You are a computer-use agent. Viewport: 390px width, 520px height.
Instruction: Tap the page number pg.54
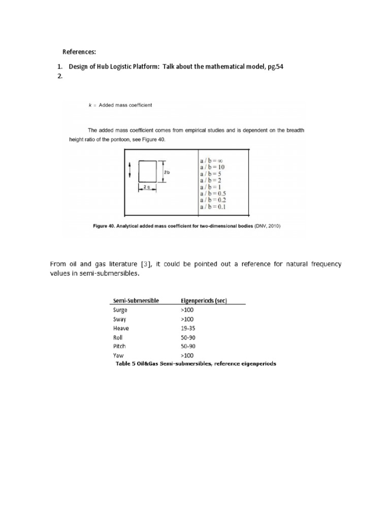[285, 67]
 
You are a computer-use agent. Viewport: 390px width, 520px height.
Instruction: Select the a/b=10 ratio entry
[212, 167]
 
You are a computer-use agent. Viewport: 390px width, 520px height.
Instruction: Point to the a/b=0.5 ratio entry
[214, 193]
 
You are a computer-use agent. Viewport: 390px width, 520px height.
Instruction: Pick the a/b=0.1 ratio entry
[214, 206]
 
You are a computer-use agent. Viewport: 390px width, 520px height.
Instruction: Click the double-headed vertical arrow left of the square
[130, 170]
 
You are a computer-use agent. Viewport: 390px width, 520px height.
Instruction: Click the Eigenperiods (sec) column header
[204, 300]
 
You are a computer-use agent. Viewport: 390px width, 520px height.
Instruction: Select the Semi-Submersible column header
[136, 300]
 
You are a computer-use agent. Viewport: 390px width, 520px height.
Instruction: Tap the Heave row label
[121, 328]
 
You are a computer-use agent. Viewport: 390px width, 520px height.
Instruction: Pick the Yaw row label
[118, 355]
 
